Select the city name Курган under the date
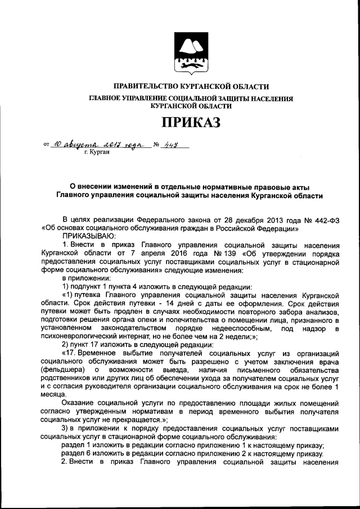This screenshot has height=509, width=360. (x=96, y=152)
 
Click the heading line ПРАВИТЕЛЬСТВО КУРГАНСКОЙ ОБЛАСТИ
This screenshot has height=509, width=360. (x=191, y=87)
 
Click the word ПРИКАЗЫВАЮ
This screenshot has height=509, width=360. (x=88, y=237)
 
